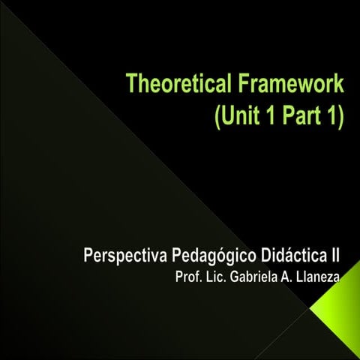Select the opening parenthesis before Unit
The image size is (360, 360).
(x=218, y=118)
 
